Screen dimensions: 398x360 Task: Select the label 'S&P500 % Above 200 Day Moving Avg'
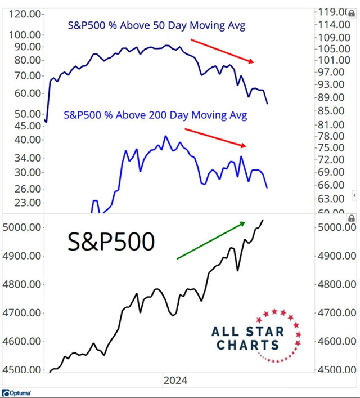156,115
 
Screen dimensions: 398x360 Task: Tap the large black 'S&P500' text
111,242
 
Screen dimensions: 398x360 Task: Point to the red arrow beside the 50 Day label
222,51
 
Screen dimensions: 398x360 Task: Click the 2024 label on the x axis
175,381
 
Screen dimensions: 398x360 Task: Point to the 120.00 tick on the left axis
23,15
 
